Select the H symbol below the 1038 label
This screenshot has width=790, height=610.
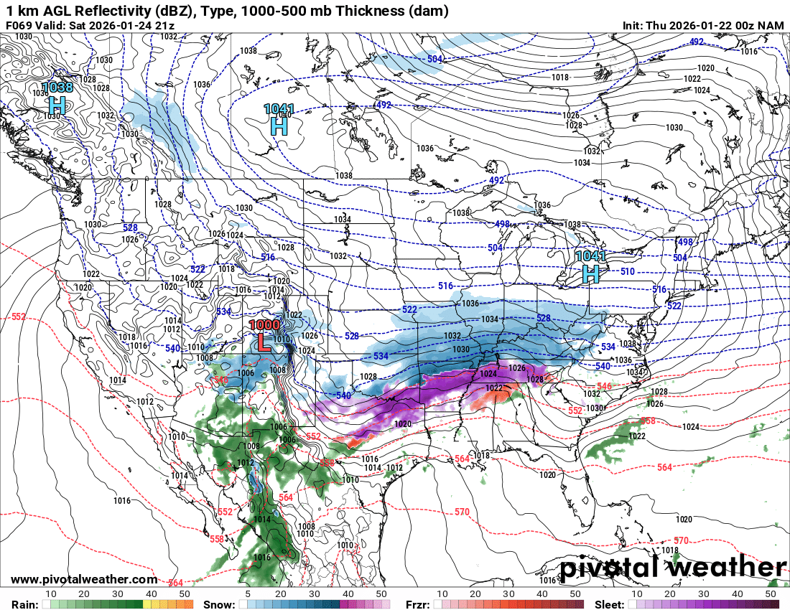(57, 105)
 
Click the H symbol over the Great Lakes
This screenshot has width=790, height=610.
(590, 273)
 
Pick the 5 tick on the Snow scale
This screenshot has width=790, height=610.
(247, 594)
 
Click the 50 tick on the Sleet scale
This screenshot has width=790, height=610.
(770, 594)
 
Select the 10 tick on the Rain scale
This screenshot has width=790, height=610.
(51, 594)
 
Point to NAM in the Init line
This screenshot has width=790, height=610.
(771, 25)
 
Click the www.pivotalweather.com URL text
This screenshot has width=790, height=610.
(84, 579)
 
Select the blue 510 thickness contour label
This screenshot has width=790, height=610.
(627, 272)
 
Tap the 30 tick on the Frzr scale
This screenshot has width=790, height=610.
(508, 594)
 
